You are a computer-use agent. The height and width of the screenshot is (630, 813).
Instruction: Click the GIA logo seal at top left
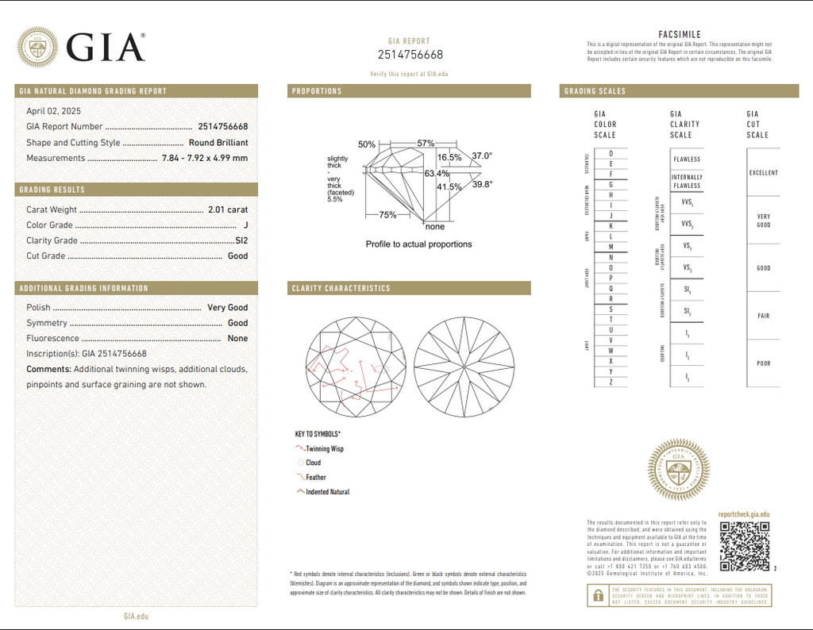pyautogui.click(x=38, y=48)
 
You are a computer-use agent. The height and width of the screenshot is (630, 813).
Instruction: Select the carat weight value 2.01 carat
pyautogui.click(x=227, y=209)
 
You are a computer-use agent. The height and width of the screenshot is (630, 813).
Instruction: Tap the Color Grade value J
pyautogui.click(x=245, y=225)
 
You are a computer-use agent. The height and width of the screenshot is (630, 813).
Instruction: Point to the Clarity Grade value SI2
pyautogui.click(x=241, y=240)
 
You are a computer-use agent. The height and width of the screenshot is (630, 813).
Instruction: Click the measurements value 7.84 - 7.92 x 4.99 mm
pyautogui.click(x=205, y=158)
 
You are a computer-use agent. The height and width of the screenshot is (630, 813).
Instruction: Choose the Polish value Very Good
pyautogui.click(x=227, y=307)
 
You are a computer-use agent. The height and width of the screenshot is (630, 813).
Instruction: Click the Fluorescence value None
pyautogui.click(x=237, y=338)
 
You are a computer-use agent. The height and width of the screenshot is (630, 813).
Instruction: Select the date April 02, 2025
pyautogui.click(x=53, y=111)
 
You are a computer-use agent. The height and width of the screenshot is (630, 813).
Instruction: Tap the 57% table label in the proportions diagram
pyautogui.click(x=426, y=144)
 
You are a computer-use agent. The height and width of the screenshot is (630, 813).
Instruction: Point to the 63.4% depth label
pyautogui.click(x=437, y=173)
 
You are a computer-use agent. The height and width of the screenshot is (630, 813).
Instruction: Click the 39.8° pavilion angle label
pyautogui.click(x=483, y=184)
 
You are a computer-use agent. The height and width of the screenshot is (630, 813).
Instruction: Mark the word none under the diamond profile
pyautogui.click(x=435, y=227)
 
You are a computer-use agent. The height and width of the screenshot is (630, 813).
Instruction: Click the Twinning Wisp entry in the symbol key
pyautogui.click(x=325, y=449)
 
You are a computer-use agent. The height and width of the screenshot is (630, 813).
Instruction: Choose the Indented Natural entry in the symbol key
pyautogui.click(x=327, y=492)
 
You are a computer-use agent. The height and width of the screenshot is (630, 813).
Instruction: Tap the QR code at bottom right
pyautogui.click(x=744, y=546)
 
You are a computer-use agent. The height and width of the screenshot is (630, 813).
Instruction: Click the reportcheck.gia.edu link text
pyautogui.click(x=743, y=514)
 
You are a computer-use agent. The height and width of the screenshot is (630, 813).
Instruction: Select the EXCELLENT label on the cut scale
pyautogui.click(x=763, y=172)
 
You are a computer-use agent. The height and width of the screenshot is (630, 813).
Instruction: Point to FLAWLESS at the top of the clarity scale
pyautogui.click(x=686, y=159)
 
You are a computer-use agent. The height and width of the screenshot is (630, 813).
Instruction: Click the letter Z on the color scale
pyautogui.click(x=611, y=382)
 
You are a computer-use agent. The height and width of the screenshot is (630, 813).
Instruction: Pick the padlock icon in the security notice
pyautogui.click(x=596, y=596)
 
